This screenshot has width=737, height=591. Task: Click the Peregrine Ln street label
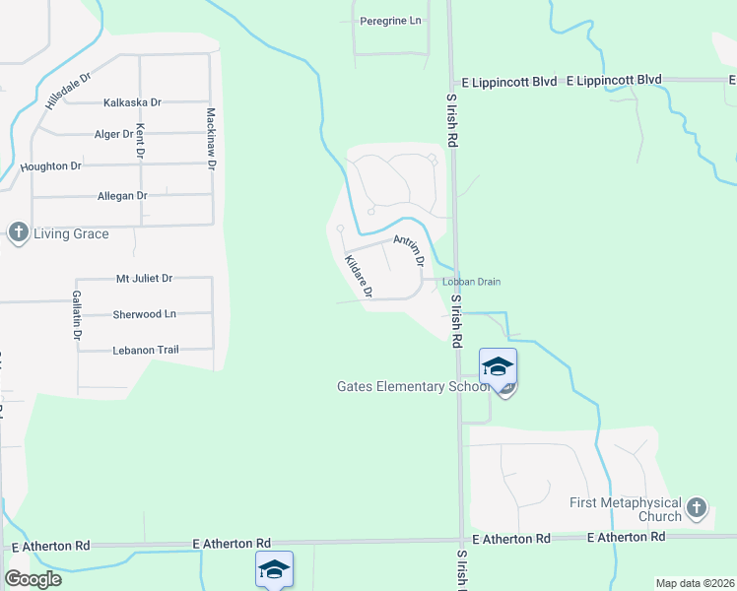[390, 21]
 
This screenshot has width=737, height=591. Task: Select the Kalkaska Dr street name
[132, 101]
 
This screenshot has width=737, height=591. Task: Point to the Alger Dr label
[112, 134]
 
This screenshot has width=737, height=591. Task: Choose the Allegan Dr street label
[122, 196]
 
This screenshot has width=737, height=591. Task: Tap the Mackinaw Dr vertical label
[211, 139]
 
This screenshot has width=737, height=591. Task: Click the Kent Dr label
[141, 141]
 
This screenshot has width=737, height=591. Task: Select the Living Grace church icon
[18, 233]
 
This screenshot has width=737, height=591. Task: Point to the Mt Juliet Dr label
[144, 279]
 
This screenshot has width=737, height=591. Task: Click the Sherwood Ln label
[144, 313]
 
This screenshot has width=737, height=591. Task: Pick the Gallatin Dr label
[76, 315]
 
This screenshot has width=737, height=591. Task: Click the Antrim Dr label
[408, 251]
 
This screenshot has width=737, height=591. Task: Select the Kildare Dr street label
[358, 276]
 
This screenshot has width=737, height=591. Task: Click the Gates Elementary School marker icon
[498, 367]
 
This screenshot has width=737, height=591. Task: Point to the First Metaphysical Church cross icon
[697, 508]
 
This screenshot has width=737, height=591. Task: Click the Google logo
[33, 578]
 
